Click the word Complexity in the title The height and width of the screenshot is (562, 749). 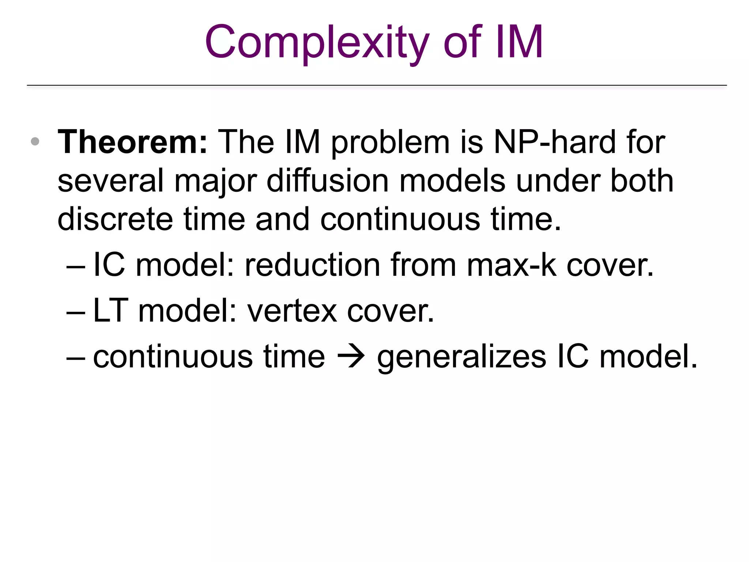click(316, 42)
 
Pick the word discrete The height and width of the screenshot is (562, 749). click(115, 220)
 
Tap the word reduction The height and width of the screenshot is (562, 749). click(313, 265)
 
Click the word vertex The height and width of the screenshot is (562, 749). click(292, 311)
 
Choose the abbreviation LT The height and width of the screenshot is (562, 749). click(110, 311)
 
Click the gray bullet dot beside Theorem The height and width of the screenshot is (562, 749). click(35, 142)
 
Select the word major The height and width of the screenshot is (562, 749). click(216, 181)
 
